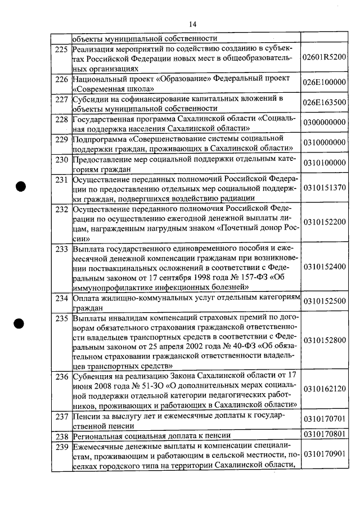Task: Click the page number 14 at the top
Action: (x=192, y=24)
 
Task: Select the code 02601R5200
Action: (x=324, y=58)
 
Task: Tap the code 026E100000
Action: (x=324, y=82)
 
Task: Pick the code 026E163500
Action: (x=324, y=102)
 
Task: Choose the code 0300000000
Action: (x=324, y=123)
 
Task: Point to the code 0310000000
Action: (x=324, y=143)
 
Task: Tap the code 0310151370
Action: (x=324, y=188)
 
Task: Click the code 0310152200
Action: (x=324, y=222)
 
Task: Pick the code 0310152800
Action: (x=324, y=340)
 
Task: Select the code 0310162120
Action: (x=324, y=389)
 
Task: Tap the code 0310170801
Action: (x=324, y=435)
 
